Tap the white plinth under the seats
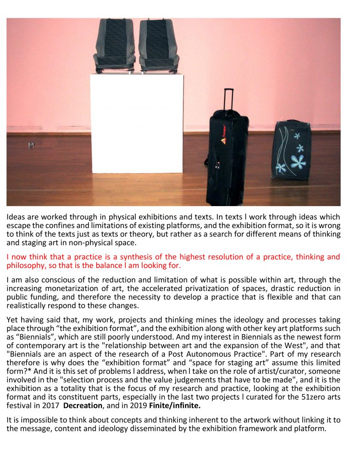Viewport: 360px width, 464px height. click(x=136, y=123)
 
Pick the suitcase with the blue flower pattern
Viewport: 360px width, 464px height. click(x=292, y=150)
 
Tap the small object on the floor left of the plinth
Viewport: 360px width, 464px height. click(x=31, y=145)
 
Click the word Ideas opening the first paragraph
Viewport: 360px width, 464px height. click(x=16, y=217)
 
